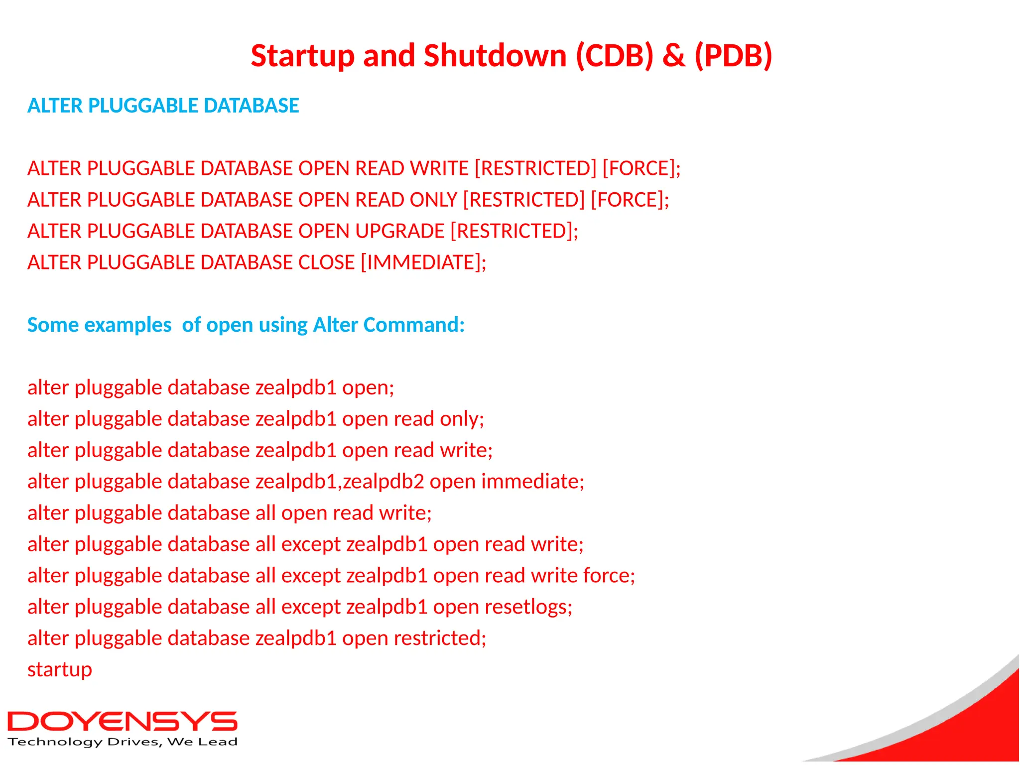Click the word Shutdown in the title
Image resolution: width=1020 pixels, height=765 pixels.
[495, 55]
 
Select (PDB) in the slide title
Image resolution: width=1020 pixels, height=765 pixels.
[733, 55]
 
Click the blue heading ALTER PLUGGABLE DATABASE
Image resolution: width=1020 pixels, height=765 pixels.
[163, 106]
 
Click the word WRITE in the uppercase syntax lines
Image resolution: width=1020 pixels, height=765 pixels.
[439, 168]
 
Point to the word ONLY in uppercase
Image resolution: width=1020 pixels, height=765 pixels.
[433, 200]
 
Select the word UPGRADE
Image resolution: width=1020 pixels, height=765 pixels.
[399, 231]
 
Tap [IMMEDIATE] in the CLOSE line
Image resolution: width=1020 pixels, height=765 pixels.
[423, 262]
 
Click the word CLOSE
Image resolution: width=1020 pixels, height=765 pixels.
[326, 262]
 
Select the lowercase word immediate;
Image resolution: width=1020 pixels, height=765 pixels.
[532, 482]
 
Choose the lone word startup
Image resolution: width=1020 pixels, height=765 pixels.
[60, 670]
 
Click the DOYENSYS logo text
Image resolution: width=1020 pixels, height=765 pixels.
[122, 722]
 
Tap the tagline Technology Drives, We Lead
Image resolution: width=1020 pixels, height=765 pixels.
[122, 742]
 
